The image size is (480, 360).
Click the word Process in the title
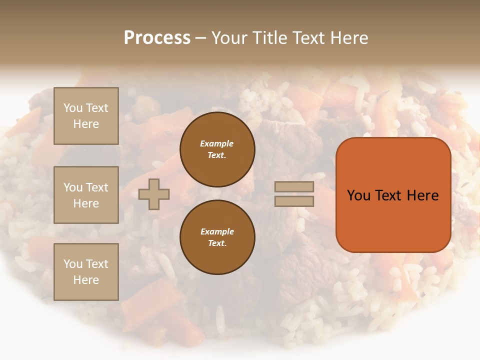point(157,38)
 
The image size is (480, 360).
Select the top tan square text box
point(86,116)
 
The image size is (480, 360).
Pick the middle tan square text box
point(86,195)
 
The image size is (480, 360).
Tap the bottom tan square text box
point(86,271)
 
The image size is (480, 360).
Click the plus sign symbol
point(154,194)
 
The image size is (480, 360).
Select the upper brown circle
point(217,149)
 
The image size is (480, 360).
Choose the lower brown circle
point(217,237)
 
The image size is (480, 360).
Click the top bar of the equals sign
point(294,186)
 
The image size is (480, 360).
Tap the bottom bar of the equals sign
point(294,201)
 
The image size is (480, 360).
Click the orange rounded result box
point(393,195)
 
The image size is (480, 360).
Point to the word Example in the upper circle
point(217,143)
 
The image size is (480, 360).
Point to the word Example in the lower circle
point(217,231)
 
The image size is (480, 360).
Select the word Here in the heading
point(348,38)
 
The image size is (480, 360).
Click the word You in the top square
point(72,108)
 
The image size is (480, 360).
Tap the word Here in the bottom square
point(86,280)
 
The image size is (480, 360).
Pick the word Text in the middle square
point(96,187)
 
